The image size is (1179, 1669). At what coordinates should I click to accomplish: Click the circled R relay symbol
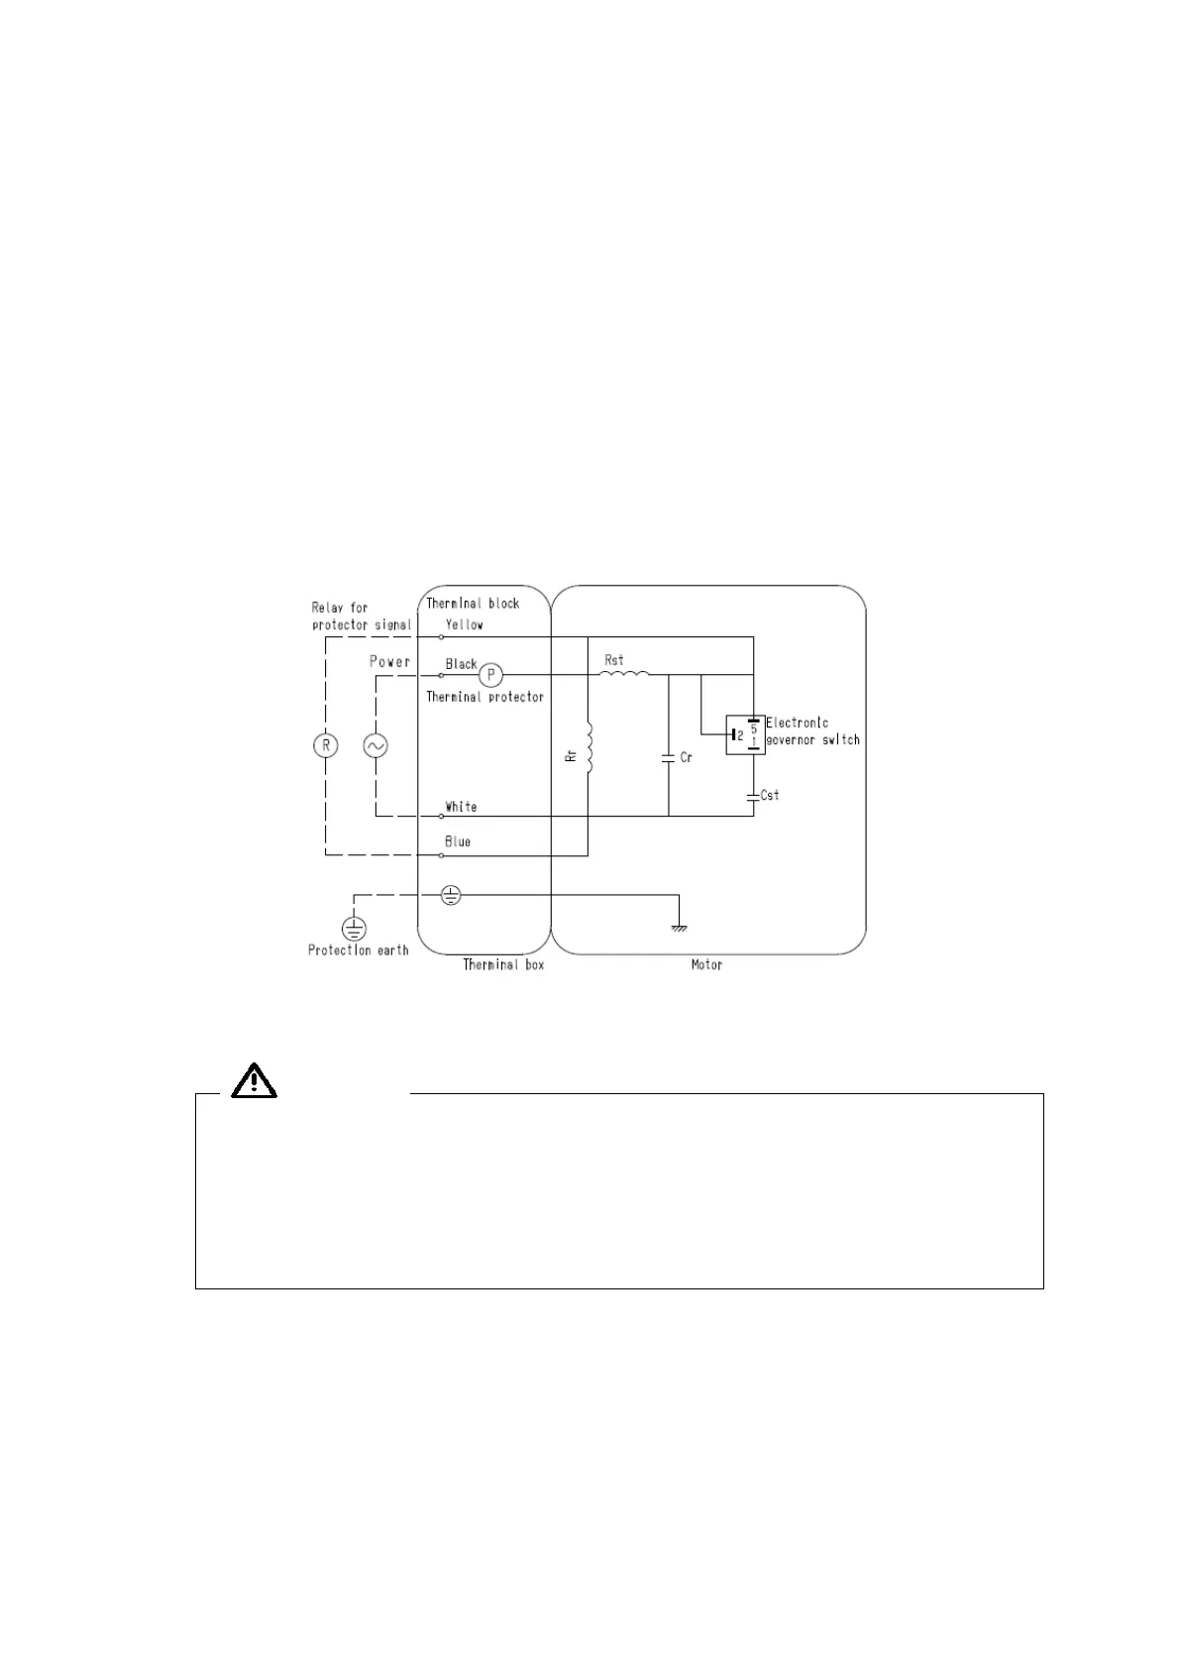pyautogui.click(x=325, y=745)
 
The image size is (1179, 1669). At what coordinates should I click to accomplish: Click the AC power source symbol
pyautogui.click(x=375, y=745)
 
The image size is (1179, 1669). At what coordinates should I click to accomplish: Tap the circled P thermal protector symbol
pyautogui.click(x=490, y=675)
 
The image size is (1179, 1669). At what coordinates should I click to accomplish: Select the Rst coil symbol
pyautogui.click(x=624, y=674)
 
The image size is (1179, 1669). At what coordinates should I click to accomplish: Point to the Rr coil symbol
pyautogui.click(x=588, y=748)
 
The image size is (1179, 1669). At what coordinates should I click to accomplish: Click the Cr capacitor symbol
pyautogui.click(x=669, y=758)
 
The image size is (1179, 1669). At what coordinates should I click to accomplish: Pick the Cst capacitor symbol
pyautogui.click(x=754, y=796)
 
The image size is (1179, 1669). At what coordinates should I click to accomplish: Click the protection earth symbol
pyautogui.click(x=354, y=929)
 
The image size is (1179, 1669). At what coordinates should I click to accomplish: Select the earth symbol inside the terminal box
pyautogui.click(x=451, y=895)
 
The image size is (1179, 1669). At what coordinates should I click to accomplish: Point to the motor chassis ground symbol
pyautogui.click(x=679, y=928)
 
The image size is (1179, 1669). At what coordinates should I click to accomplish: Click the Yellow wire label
pyautogui.click(x=465, y=624)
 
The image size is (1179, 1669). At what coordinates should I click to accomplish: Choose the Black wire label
pyautogui.click(x=461, y=664)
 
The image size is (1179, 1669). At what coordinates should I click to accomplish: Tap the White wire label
pyautogui.click(x=461, y=807)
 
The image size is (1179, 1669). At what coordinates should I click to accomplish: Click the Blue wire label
pyautogui.click(x=458, y=841)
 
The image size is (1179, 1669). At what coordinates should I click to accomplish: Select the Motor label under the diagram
pyautogui.click(x=706, y=964)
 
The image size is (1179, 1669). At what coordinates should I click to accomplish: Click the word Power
pyautogui.click(x=389, y=661)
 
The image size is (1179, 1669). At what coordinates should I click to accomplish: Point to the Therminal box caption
pyautogui.click(x=503, y=964)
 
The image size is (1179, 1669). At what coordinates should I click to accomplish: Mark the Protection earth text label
pyautogui.click(x=358, y=950)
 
